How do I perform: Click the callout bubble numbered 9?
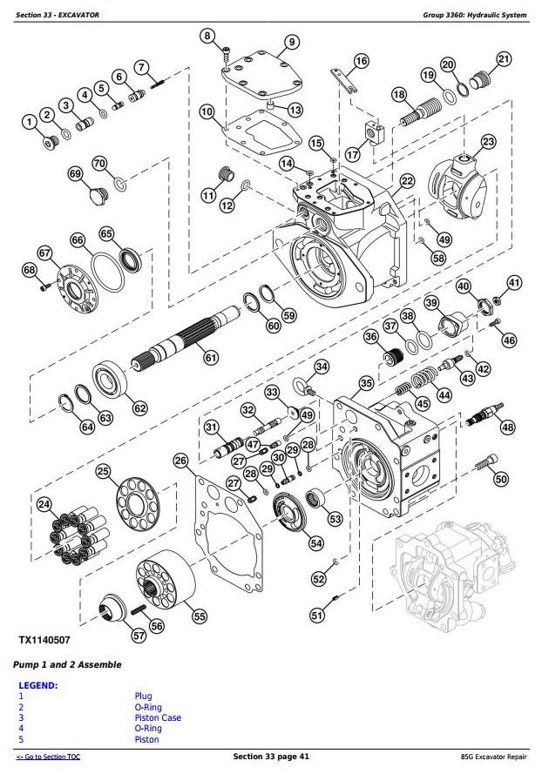291,42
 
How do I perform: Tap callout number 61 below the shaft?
210,357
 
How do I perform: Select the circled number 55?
200,616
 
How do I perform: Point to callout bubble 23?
488,142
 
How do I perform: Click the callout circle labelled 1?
30,121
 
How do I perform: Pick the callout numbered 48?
507,427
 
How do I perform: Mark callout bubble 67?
44,252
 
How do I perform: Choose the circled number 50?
500,479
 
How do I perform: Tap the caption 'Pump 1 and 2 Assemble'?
67,665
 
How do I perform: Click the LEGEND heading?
38,685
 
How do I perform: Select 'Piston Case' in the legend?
158,718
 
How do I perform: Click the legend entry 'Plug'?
143,697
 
